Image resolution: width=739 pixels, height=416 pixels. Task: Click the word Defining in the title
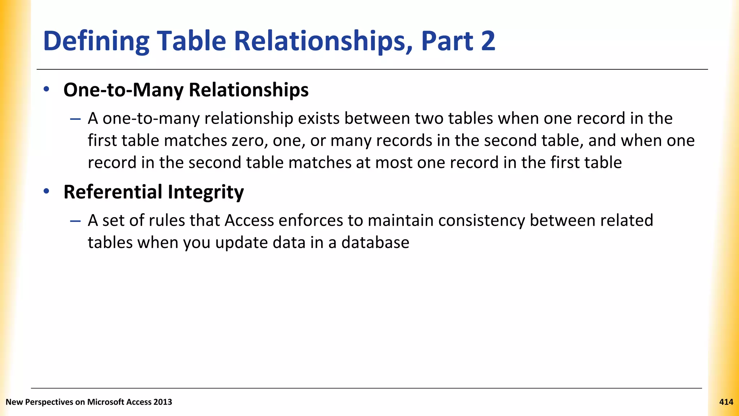96,41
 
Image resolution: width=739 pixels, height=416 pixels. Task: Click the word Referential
113,192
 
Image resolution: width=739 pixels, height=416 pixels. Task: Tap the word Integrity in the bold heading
206,192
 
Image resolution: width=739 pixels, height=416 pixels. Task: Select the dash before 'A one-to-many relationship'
75,119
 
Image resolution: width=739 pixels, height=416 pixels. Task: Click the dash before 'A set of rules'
75,221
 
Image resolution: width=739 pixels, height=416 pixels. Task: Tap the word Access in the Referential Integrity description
249,220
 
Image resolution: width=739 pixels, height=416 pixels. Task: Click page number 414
726,402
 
